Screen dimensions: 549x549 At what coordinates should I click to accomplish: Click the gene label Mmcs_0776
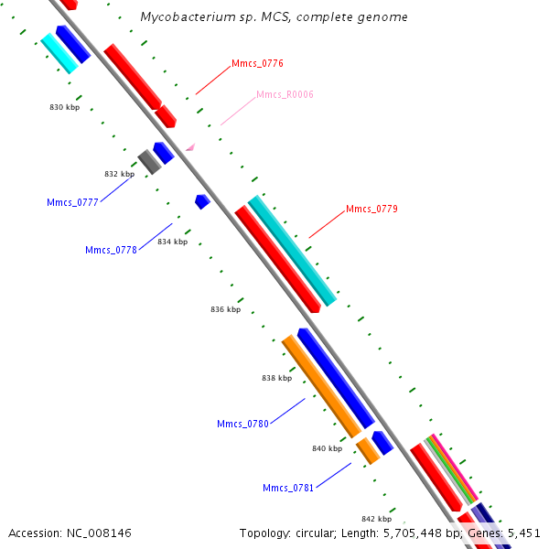point(257,64)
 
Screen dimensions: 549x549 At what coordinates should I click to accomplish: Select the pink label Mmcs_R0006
point(285,95)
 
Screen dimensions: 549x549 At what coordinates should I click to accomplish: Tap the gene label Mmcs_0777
point(72,202)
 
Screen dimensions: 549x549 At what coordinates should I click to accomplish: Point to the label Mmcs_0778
point(111,250)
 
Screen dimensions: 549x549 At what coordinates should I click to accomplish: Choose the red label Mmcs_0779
point(371,210)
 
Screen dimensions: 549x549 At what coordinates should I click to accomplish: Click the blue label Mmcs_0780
point(242,424)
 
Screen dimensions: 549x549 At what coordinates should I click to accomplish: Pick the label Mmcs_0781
point(288,488)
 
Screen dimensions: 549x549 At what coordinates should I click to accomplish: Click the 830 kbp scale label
point(64,107)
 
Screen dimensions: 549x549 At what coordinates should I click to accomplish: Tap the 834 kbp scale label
point(172,242)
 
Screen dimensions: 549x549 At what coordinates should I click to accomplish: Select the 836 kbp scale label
point(225,309)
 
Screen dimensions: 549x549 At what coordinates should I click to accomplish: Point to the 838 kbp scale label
point(276,378)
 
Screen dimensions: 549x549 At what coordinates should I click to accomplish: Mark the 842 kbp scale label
point(376,519)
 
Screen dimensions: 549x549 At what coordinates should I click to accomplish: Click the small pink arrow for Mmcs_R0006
point(190,146)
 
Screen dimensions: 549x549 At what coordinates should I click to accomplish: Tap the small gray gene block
point(148,162)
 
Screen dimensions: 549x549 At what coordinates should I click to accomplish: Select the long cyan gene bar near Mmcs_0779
point(292,250)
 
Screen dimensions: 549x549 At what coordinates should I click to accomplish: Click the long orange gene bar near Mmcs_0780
point(320,385)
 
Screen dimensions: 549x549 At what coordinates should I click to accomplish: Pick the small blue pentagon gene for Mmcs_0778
point(202,200)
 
